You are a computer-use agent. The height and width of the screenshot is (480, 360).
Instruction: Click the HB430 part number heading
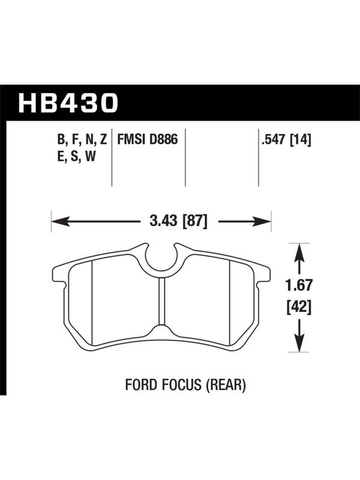tap(68, 103)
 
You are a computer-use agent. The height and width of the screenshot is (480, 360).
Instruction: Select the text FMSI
tap(127, 140)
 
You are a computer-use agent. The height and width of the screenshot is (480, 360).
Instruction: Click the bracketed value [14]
tap(301, 140)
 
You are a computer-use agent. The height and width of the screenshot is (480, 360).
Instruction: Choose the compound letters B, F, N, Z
tap(82, 140)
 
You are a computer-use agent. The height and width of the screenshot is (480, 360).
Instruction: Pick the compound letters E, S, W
tap(77, 157)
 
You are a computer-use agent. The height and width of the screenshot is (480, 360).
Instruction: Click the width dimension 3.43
tap(163, 220)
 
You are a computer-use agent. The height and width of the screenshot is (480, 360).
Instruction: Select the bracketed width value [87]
tap(195, 221)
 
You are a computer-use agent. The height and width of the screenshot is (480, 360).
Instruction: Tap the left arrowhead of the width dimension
tap(61, 221)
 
